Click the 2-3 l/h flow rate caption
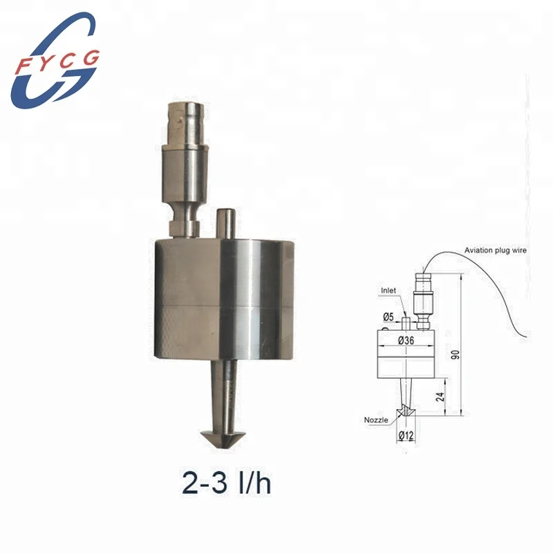pyautogui.click(x=226, y=483)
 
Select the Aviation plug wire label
pyautogui.click(x=495, y=250)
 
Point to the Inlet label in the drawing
pyautogui.click(x=388, y=291)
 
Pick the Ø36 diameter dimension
pyautogui.click(x=406, y=339)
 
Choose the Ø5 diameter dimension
pyautogui.click(x=389, y=317)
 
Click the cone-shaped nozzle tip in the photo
pyautogui.click(x=225, y=437)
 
